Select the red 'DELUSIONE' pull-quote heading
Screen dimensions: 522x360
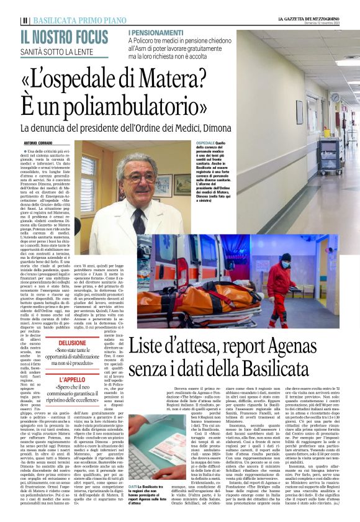pos(73,343)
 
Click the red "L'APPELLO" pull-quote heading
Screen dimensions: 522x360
pos(73,379)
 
